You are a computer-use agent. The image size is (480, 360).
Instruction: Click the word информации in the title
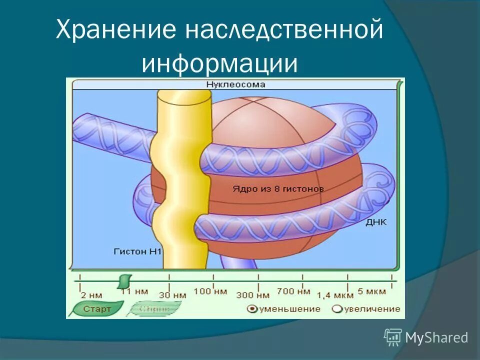click(219, 63)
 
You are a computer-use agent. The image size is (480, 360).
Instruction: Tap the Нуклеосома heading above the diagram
click(235, 85)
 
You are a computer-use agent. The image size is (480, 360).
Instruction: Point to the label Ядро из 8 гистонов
click(278, 189)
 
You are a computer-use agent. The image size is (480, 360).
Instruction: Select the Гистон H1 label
click(137, 251)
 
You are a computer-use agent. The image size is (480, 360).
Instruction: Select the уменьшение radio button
click(252, 309)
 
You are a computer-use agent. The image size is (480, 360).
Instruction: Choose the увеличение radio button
click(337, 309)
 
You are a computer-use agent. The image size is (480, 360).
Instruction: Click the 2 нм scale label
click(91, 294)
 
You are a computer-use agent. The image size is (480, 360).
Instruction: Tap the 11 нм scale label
click(134, 291)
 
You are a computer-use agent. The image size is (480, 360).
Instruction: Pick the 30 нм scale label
click(173, 295)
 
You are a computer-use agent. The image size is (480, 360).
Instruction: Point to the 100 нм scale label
click(210, 291)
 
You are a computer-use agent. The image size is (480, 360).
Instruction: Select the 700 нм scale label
click(293, 291)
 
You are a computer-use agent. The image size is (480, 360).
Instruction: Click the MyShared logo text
click(436, 337)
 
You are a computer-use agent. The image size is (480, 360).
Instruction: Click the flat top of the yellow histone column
click(183, 96)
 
